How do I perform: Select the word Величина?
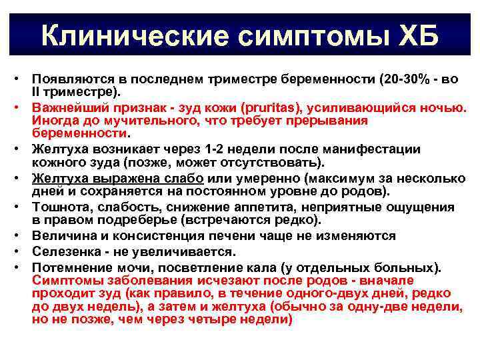click(x=61, y=237)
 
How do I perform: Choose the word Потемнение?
click(x=66, y=267)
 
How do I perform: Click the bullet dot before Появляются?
click(x=21, y=79)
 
